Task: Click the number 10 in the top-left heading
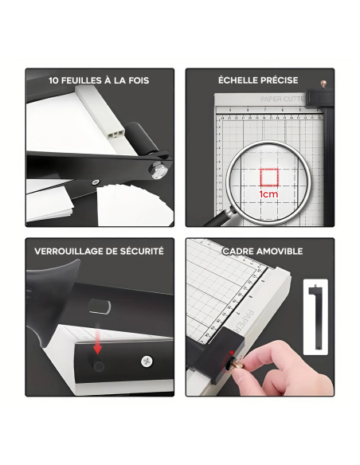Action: pos(54,80)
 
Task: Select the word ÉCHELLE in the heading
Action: pos(236,80)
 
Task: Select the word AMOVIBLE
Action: pos(280,251)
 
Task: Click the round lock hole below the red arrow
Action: pos(98,365)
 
